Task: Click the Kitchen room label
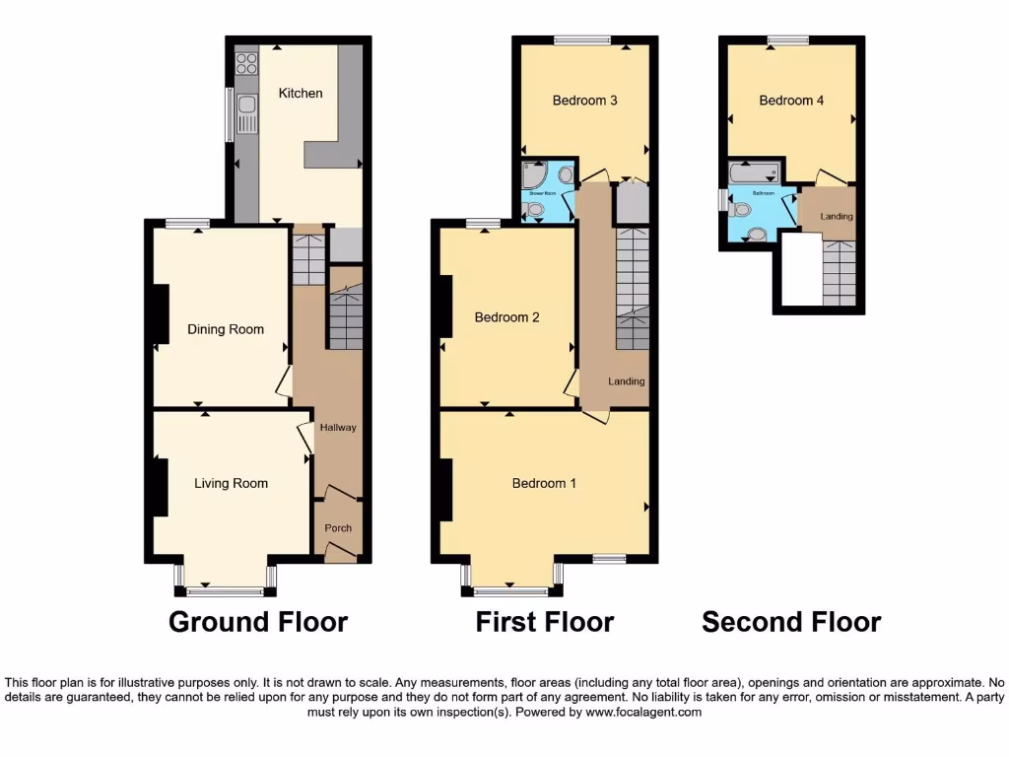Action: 301,94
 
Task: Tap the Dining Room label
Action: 226,329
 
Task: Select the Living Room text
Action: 231,483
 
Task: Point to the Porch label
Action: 338,528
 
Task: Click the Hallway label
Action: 337,428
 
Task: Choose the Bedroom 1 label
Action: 544,483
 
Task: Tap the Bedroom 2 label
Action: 506,317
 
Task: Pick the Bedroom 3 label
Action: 584,101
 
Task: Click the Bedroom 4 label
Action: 791,101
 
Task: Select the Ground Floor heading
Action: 258,623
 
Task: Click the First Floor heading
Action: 544,623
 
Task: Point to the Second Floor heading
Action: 791,623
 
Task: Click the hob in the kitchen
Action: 245,65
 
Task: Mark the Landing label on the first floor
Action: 626,381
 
